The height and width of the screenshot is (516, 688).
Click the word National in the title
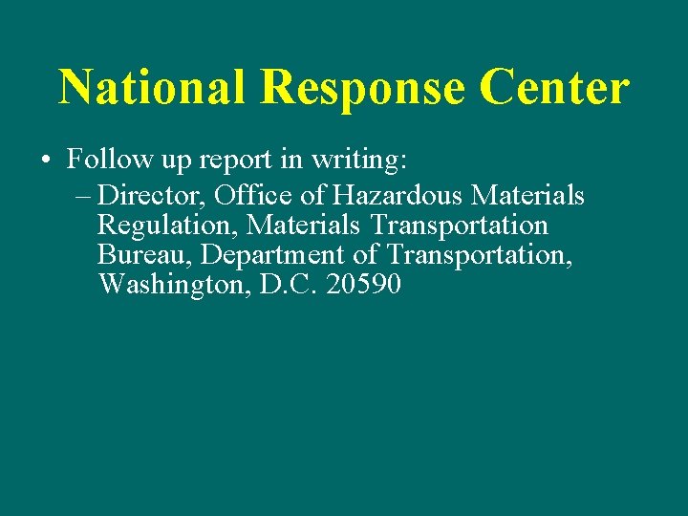(154, 87)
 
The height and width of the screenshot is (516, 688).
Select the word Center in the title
(555, 87)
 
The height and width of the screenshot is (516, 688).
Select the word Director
(151, 196)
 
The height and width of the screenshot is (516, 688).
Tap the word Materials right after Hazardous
(528, 196)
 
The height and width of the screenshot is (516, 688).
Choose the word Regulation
(168, 227)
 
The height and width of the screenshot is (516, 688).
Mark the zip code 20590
(364, 284)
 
